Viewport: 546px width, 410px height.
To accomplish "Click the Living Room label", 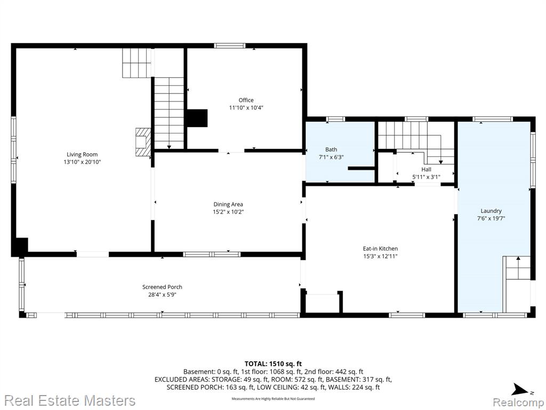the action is [82, 154].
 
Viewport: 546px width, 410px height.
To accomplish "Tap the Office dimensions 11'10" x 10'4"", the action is [246, 108].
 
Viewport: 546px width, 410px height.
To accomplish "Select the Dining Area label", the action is [228, 204].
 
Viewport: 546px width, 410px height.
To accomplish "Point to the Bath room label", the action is [331, 149].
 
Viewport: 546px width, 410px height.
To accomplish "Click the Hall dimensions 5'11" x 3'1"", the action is [426, 177].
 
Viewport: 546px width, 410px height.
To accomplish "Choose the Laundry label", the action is [491, 211].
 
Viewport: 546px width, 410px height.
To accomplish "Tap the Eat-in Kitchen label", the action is [380, 249].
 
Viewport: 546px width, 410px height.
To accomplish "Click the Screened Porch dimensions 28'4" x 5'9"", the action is [162, 295].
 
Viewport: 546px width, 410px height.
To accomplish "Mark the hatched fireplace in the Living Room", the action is [143, 142].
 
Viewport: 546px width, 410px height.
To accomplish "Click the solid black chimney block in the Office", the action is [197, 118].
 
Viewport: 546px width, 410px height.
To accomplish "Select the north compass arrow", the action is [520, 389].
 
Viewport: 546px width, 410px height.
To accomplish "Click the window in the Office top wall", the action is [229, 45].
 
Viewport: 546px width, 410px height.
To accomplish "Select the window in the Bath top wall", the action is [336, 119].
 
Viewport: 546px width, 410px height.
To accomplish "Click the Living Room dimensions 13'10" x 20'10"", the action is [82, 162].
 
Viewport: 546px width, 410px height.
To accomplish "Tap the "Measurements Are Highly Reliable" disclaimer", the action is [273, 398].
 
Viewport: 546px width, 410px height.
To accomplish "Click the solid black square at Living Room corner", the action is [20, 247].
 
